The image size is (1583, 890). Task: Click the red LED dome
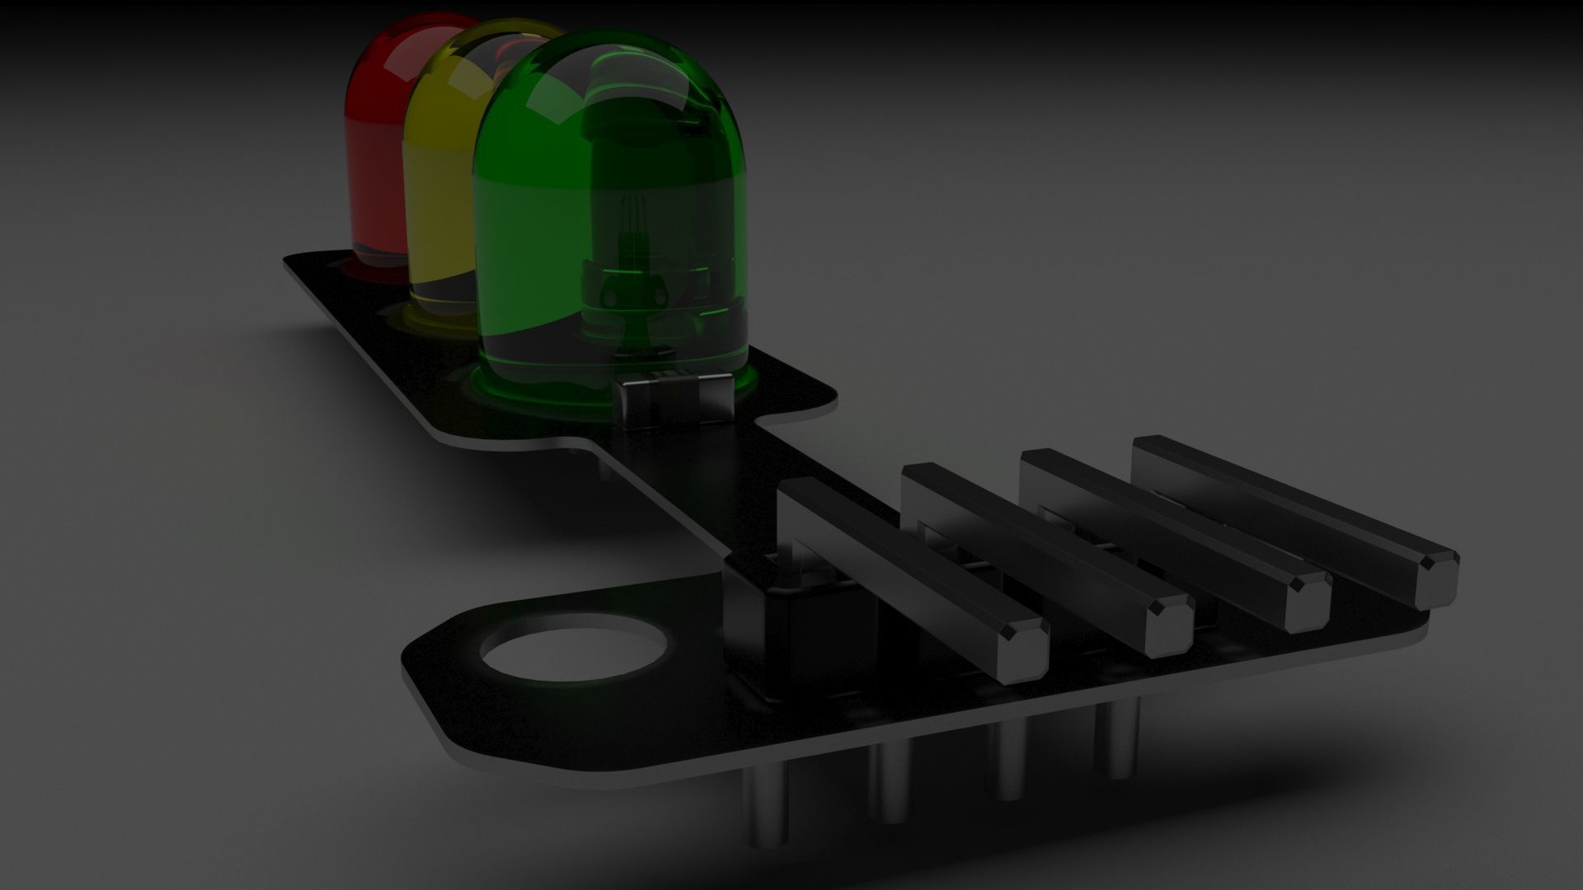(x=375, y=124)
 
